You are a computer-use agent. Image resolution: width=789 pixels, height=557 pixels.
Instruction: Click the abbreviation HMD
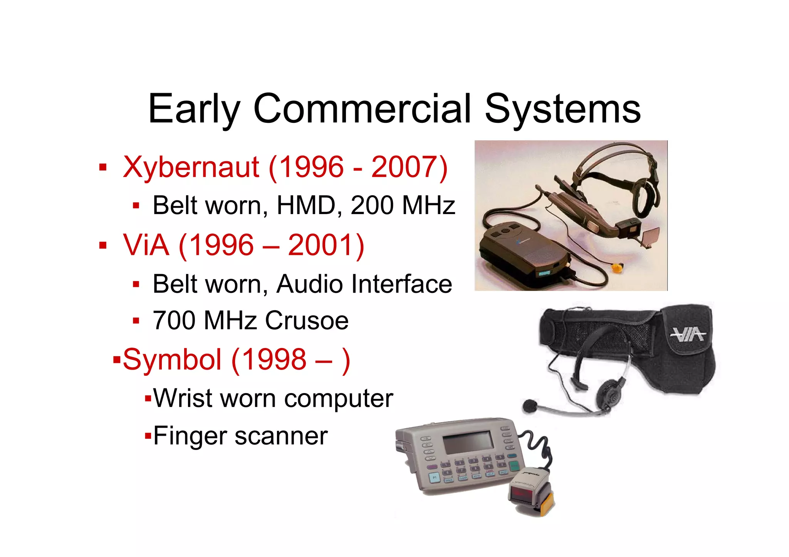[x=306, y=205]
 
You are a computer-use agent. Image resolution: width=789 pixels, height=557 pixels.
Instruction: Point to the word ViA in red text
[x=146, y=245]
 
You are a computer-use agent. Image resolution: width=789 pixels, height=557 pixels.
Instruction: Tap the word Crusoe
[x=307, y=320]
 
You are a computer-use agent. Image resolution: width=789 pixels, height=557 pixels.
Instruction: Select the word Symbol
[x=172, y=360]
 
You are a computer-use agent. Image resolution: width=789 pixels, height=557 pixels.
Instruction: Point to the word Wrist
[x=183, y=398]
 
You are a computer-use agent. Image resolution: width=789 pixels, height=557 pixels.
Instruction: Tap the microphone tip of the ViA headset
[x=530, y=405]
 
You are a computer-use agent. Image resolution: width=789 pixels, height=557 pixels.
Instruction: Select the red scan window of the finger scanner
[x=524, y=493]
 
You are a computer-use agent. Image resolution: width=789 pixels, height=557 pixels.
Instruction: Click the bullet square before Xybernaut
[x=102, y=167]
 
